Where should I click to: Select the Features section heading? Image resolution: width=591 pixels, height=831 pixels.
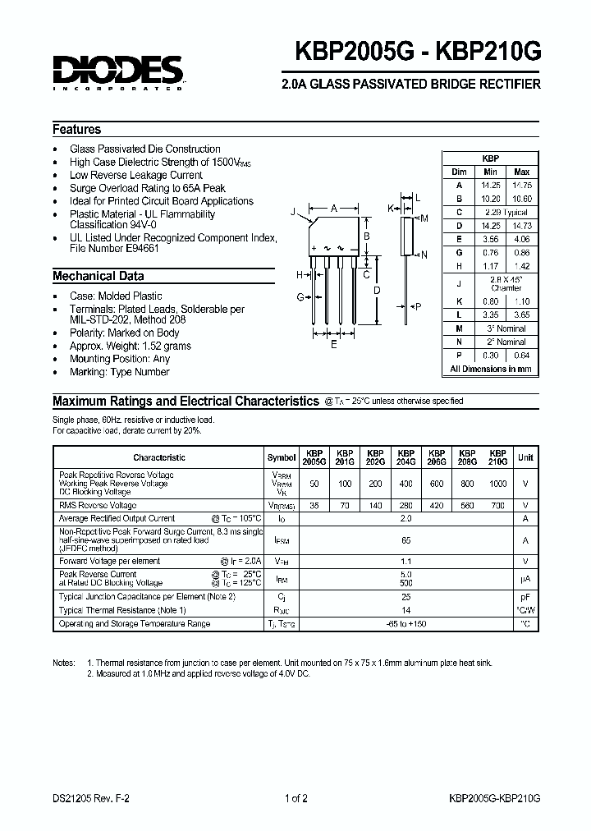tap(77, 130)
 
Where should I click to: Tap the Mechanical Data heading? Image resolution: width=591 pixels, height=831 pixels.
tap(98, 277)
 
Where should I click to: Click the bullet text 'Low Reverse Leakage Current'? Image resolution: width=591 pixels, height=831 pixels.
tap(136, 175)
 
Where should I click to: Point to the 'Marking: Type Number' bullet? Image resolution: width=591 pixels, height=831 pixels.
tap(120, 372)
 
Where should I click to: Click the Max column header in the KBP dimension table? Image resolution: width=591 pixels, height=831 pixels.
tap(521, 172)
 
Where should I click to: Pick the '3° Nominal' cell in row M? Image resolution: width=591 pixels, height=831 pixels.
tap(506, 328)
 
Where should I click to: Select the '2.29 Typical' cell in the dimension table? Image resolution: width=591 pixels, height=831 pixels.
tap(506, 212)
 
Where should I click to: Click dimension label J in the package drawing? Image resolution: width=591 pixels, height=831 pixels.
tap(292, 212)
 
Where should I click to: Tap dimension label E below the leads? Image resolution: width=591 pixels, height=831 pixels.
tap(333, 346)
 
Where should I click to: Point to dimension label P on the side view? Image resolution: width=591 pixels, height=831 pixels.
tap(418, 306)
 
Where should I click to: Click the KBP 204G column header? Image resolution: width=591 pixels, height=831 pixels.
tap(405, 457)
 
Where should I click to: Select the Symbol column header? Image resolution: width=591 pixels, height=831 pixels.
tap(282, 457)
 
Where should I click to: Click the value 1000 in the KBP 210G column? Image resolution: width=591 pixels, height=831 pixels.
tap(497, 484)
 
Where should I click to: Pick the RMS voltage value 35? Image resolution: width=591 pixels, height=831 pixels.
tap(314, 506)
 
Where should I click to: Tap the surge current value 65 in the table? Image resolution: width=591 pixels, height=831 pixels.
tap(405, 540)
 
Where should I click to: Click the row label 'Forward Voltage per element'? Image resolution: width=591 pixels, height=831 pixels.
tap(109, 561)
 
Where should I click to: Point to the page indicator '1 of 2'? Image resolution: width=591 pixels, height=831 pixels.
tap(295, 797)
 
